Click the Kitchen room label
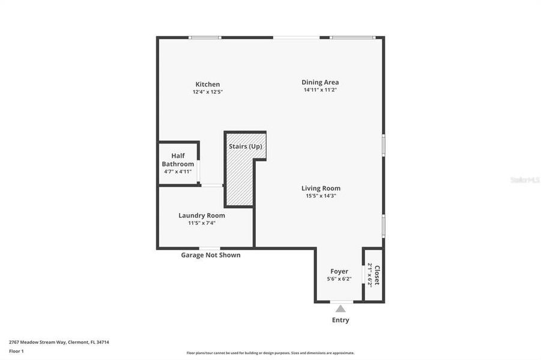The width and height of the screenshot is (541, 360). click(x=207, y=85)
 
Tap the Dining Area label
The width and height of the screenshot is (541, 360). click(x=320, y=82)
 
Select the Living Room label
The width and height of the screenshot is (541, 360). click(x=321, y=188)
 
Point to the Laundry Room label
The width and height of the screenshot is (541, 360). click(x=202, y=215)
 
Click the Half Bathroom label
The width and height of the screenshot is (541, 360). click(x=178, y=160)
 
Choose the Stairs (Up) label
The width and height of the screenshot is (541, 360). click(x=245, y=146)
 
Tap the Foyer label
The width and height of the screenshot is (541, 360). click(x=339, y=271)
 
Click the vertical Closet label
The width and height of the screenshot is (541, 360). click(x=377, y=275)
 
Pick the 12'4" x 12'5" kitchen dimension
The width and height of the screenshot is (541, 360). click(x=208, y=92)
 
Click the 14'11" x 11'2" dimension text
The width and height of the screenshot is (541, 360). click(x=320, y=90)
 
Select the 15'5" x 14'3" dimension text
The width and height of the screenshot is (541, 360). click(x=321, y=196)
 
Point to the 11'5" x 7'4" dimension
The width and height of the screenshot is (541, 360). click(x=202, y=223)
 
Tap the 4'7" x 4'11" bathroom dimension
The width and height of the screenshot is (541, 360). click(x=178, y=172)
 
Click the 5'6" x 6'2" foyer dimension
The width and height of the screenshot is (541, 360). click(x=339, y=278)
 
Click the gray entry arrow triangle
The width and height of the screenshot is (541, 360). click(x=340, y=308)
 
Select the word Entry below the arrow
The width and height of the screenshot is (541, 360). click(x=340, y=320)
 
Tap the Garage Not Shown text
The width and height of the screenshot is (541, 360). click(x=211, y=255)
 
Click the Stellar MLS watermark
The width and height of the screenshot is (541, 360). click(x=524, y=179)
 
